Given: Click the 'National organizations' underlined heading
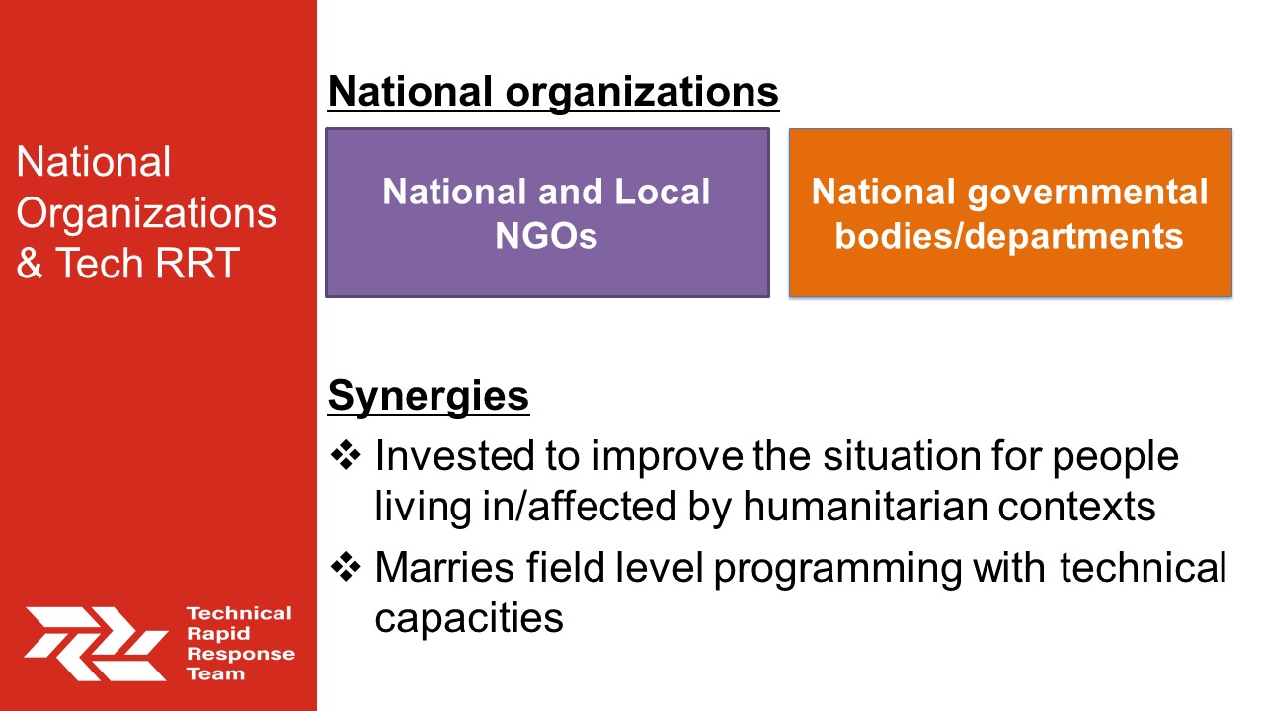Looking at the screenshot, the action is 553,93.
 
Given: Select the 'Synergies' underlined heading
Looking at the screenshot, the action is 429,397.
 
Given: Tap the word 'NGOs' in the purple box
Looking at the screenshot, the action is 546,236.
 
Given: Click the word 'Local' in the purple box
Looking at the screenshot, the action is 662,192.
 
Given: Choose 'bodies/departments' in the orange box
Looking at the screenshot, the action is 1009,237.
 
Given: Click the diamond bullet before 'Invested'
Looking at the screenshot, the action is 346,455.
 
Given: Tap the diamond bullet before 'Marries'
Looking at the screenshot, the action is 346,567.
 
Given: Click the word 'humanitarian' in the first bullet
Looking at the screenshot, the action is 864,506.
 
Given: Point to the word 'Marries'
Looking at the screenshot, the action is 444,567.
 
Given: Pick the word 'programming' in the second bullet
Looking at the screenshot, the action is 838,569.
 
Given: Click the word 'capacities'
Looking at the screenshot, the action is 469,619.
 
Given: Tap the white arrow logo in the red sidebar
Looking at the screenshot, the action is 96,644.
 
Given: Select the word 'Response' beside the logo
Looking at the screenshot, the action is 241,655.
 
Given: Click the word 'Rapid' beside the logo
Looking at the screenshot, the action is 218,634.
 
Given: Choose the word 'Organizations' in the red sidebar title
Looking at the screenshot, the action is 147,214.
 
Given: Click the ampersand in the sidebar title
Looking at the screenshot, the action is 30,263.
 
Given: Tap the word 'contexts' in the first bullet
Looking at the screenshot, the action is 1076,507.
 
